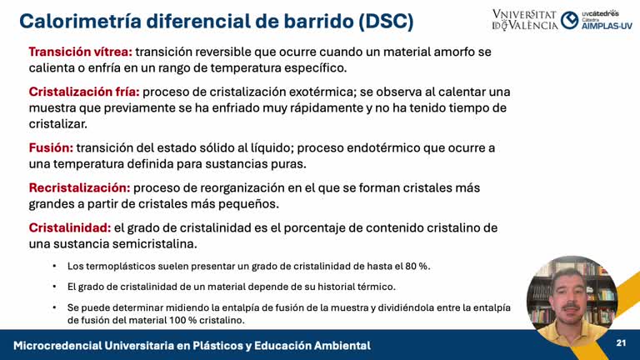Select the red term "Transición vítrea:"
coord(80,52)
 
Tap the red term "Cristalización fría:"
coord(84,92)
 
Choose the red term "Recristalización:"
coord(79,187)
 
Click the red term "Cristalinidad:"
coord(69,227)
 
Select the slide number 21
coord(621,343)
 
